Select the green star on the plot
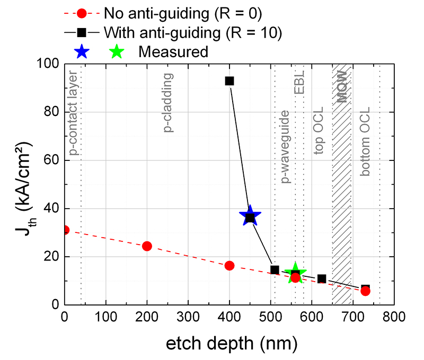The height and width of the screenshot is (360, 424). (x=295, y=273)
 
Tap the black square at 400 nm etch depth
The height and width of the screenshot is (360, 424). (x=229, y=81)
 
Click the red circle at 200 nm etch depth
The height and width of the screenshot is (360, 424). (x=147, y=246)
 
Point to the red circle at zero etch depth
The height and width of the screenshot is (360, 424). (x=65, y=230)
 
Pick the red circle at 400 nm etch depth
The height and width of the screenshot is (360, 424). (x=229, y=266)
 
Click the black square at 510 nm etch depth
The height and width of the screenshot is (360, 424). (x=275, y=270)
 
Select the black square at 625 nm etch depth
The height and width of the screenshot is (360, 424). (x=322, y=278)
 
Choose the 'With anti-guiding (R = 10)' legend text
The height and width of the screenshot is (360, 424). (x=192, y=32)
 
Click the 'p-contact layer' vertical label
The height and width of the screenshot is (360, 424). (x=73, y=111)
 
